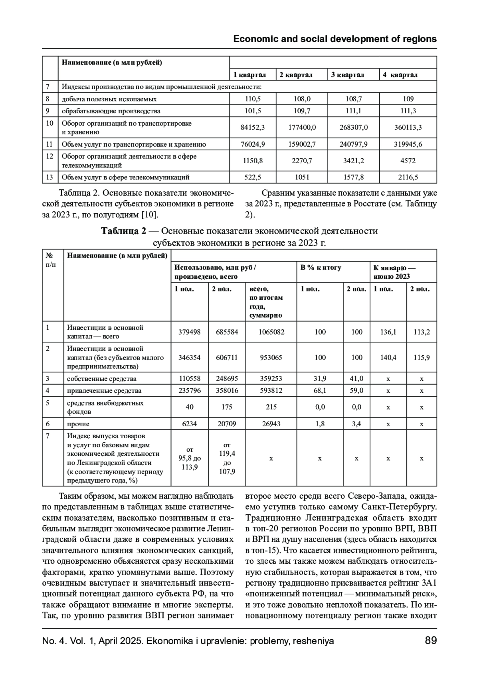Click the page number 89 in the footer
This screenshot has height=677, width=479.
coord(431,641)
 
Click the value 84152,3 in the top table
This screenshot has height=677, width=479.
coord(253,128)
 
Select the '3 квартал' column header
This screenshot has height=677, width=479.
coord(347,75)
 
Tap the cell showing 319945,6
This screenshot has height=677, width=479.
coord(408,144)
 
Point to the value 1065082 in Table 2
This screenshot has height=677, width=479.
coord(271,332)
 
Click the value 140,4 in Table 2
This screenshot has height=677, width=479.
coord(388,358)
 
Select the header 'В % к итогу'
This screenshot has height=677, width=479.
coord(321,268)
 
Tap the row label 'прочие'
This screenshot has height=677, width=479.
coord(78,424)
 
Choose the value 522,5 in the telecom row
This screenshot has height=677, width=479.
coord(253,177)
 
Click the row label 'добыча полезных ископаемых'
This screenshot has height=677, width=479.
coord(109,99)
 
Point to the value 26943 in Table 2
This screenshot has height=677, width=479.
coord(271,424)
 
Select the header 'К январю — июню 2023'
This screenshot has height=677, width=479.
coord(394,272)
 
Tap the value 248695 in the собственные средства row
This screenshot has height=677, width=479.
coord(227,379)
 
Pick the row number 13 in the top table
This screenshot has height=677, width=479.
coord(49,177)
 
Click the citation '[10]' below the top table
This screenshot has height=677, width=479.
coord(149,215)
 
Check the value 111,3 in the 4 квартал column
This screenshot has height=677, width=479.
coord(408,111)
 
